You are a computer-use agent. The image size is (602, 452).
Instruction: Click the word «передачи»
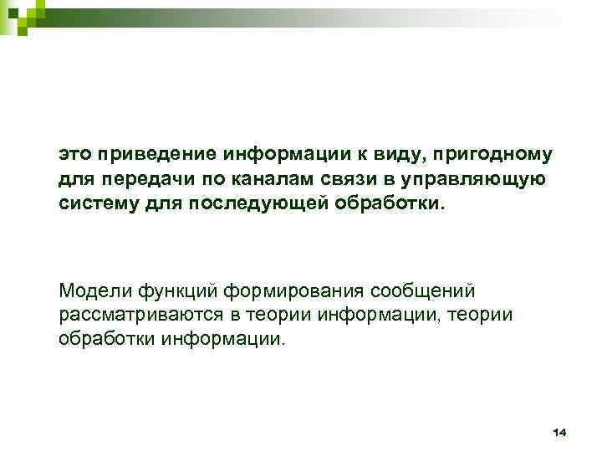[x=138, y=179]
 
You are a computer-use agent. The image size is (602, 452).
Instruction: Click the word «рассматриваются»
[x=131, y=315]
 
